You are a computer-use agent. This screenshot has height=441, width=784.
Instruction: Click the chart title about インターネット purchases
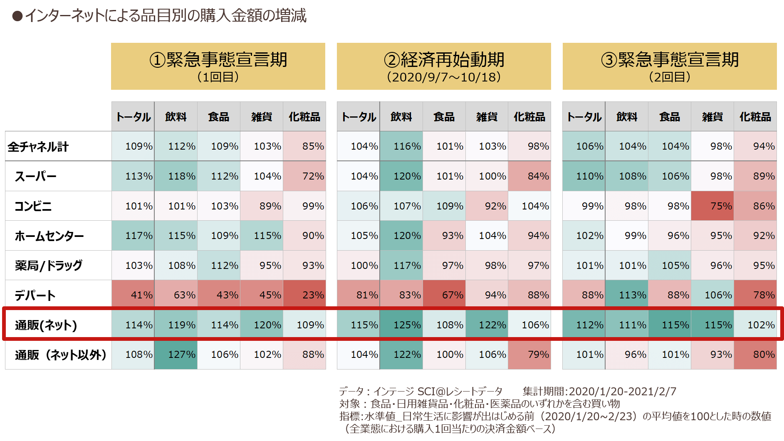coord(160,16)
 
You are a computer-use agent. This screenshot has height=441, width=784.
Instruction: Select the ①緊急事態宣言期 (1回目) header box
coord(218,66)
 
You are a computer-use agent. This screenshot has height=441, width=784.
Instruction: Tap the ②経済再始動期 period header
coord(444,66)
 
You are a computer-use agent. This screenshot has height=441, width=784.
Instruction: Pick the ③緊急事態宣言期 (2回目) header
coord(670,66)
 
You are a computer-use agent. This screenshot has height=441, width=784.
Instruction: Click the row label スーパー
coord(36,177)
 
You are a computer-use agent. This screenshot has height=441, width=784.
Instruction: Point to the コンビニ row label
coord(33,206)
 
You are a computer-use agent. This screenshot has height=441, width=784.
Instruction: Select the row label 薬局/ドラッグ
coord(49,266)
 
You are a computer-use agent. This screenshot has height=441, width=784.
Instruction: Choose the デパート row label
coord(35,296)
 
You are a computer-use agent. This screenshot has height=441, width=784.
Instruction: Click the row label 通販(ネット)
coord(46,325)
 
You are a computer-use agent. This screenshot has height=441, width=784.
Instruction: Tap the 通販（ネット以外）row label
coord(61,355)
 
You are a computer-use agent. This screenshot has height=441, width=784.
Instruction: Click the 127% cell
coord(176,355)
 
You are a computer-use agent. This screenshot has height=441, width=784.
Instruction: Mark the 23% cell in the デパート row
coord(304,295)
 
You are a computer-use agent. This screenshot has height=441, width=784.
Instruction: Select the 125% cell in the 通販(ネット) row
coord(401,325)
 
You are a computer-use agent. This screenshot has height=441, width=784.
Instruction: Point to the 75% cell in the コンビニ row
coord(712,206)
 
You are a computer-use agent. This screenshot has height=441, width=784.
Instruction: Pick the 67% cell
coord(444,295)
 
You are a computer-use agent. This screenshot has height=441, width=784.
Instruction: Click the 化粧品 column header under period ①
coord(304,117)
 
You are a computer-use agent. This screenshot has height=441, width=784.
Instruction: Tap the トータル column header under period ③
coord(584,117)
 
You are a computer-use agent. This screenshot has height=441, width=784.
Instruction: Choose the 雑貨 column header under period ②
coord(487,117)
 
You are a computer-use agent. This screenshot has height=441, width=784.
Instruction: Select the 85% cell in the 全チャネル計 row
coord(304,146)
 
